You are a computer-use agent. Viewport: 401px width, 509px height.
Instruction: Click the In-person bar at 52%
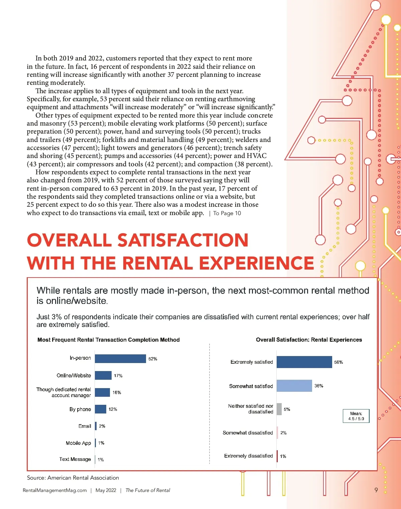(120, 358)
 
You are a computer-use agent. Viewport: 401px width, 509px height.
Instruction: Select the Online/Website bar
(103, 375)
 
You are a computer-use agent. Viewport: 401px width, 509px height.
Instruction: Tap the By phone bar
(100, 409)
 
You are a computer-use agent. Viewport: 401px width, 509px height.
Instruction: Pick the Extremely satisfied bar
(304, 362)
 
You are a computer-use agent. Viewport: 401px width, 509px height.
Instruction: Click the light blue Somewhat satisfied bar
(294, 386)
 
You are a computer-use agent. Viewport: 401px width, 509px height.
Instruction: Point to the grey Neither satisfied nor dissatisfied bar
(279, 409)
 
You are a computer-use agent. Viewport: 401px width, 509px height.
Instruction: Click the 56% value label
(339, 362)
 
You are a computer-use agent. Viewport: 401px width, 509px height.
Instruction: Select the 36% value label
(319, 386)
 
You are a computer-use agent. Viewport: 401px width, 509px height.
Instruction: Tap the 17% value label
(118, 376)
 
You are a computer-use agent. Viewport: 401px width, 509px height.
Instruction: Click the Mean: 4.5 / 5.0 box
(356, 416)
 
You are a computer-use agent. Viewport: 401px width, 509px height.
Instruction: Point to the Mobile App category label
(78, 443)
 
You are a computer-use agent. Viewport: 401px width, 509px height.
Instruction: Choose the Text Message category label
(75, 459)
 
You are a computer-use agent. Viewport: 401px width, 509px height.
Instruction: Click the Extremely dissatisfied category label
(248, 456)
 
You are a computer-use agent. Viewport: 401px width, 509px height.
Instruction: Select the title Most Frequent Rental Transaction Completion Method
(109, 340)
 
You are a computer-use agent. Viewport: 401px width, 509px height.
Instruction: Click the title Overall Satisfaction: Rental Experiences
(309, 340)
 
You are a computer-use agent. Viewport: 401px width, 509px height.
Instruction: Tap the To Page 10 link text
(227, 213)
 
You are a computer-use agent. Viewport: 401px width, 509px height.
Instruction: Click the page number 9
(376, 490)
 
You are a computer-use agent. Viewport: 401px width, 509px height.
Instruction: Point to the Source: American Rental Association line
(73, 478)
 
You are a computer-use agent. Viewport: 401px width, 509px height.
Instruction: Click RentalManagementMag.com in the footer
(54, 490)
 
